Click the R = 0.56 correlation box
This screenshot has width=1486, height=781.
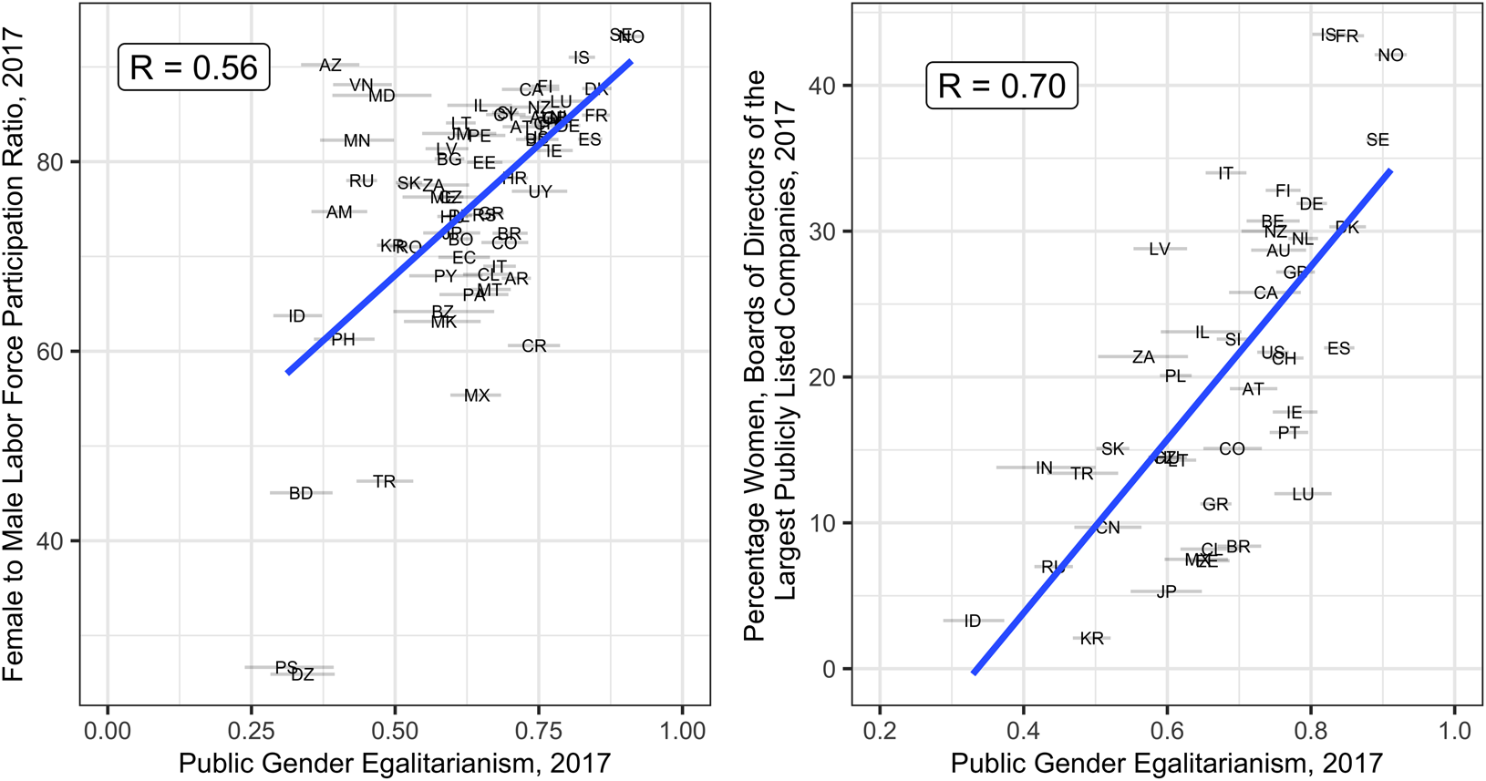(193, 67)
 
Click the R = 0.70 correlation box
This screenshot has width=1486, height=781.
(1001, 86)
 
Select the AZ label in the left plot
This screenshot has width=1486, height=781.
(330, 66)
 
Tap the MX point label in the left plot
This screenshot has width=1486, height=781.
(476, 396)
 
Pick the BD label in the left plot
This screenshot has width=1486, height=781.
(301, 493)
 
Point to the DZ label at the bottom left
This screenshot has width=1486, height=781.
(303, 675)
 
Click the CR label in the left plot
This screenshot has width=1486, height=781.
(534, 346)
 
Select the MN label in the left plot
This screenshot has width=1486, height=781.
(356, 140)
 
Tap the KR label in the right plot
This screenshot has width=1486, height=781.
(1091, 639)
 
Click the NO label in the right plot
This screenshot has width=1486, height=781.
(1390, 56)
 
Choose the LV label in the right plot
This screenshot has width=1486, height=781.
(1159, 249)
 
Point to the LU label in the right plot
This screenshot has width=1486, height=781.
(1303, 494)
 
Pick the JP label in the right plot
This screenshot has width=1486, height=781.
(1166, 591)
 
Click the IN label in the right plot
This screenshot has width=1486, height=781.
(1045, 468)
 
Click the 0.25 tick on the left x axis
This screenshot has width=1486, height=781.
(251, 731)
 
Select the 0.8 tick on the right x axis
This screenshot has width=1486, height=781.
(1311, 731)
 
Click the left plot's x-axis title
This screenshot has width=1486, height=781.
(394, 763)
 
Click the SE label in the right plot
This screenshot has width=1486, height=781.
(1378, 139)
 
